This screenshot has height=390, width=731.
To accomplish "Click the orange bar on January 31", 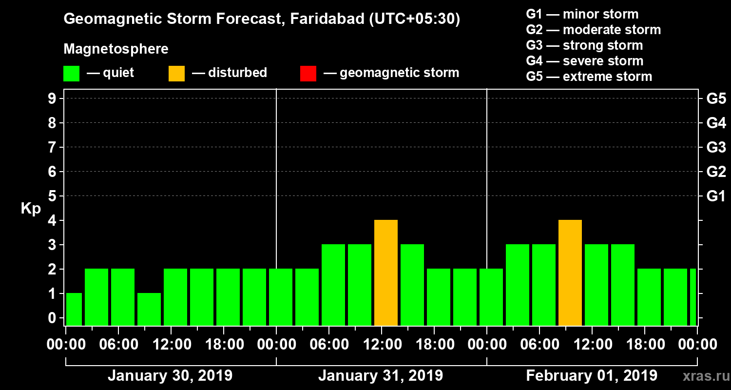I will [x=386, y=273].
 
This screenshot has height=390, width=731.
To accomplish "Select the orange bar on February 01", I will [x=570, y=273].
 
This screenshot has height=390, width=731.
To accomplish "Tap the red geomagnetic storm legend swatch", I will [x=308, y=73].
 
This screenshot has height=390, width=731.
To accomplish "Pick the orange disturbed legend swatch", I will [x=176, y=73].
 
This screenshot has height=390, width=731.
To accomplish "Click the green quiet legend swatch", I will [x=71, y=73].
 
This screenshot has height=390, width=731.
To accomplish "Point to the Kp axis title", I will [x=31, y=209].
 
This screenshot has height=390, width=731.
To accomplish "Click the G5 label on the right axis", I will [x=716, y=98].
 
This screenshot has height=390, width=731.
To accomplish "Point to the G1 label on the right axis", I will [x=716, y=196].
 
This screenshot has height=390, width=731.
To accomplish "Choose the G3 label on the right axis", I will [x=716, y=147].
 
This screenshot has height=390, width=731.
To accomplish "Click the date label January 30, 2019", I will [x=170, y=376].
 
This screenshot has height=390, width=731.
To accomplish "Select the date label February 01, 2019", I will [x=592, y=376].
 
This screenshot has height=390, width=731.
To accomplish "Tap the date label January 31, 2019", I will [x=381, y=376].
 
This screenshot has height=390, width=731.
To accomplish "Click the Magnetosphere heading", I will [x=116, y=49].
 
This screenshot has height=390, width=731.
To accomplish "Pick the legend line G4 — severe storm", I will [x=584, y=61].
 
